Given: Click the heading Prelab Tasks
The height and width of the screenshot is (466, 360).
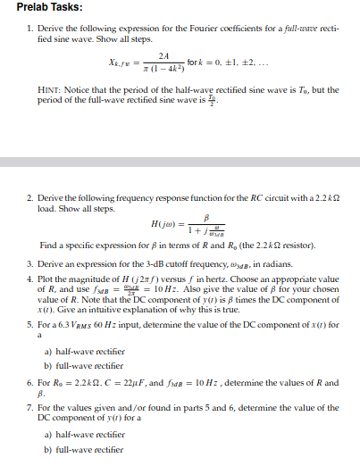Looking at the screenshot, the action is coord(49,8).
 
